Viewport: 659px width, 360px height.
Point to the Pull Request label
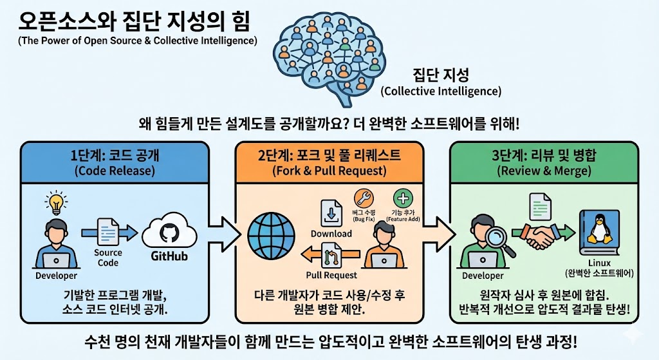[331, 275]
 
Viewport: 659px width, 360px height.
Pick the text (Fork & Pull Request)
[329, 171]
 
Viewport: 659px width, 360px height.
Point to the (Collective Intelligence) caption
[441, 91]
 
